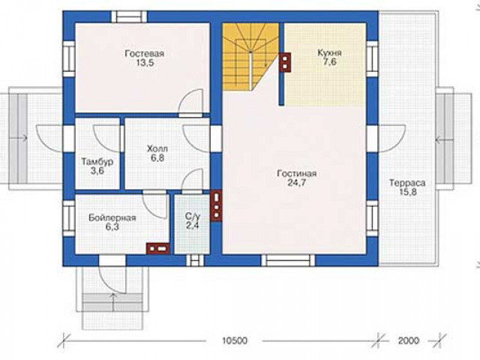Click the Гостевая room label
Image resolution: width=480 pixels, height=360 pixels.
(145, 53)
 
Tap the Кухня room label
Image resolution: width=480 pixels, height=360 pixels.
(330, 52)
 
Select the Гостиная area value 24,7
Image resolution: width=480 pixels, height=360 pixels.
(297, 183)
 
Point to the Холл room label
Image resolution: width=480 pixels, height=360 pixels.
(157, 149)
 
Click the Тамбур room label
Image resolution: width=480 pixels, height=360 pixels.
(97, 162)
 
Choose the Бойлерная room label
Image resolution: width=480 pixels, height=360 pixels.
(112, 218)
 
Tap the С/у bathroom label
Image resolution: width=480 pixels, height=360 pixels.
(193, 217)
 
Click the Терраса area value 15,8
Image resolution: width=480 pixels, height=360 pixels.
(407, 192)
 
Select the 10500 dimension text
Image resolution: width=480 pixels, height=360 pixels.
(235, 340)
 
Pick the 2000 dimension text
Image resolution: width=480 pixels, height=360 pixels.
(409, 340)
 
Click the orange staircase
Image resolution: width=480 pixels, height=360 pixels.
(250, 57)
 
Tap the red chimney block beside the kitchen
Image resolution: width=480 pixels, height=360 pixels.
(285, 63)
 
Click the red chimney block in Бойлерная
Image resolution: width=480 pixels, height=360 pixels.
(157, 248)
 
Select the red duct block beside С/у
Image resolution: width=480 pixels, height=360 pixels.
(216, 205)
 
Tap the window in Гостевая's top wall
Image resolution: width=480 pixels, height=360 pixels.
(129, 16)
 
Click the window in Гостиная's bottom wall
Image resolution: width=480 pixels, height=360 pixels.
(288, 260)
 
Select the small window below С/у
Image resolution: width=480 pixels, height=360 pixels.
(195, 260)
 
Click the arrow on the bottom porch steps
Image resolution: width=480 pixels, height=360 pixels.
(113, 301)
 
